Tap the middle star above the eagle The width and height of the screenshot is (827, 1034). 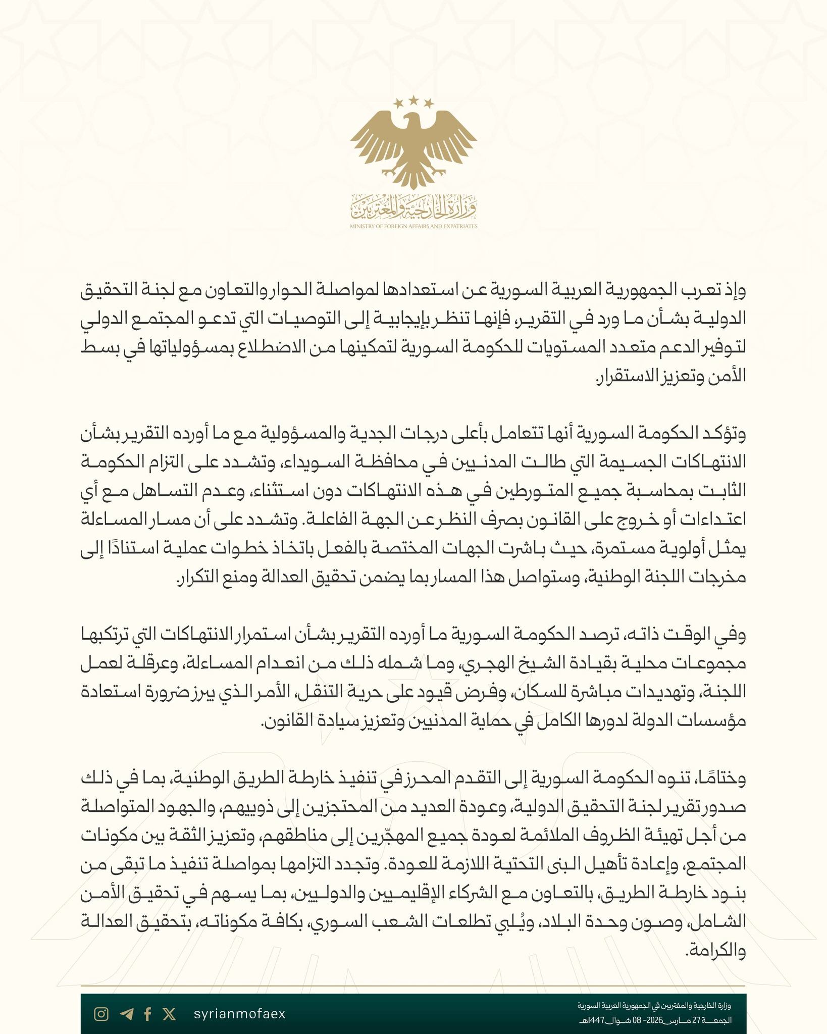tap(413, 100)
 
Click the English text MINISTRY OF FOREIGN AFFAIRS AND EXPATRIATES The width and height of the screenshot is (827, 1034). tap(413, 227)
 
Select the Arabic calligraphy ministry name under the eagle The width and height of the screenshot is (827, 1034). tap(413, 206)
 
